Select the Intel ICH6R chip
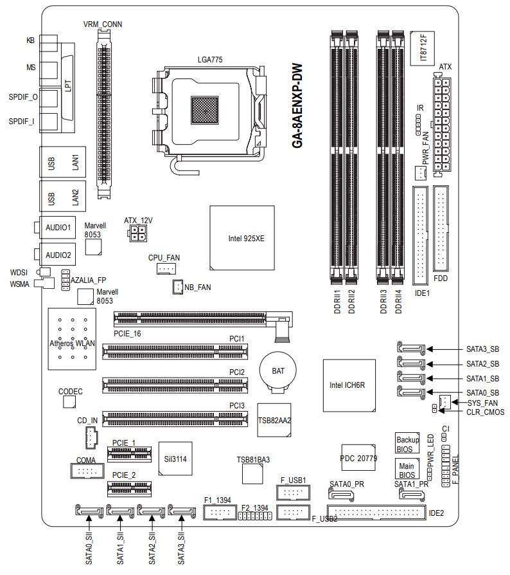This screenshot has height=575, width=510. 347,385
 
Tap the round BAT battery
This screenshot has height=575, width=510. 277,372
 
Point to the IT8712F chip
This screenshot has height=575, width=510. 423,48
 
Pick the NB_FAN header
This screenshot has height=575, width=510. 177,287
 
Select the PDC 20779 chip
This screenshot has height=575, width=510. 358,459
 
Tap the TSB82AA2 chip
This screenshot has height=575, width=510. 274,420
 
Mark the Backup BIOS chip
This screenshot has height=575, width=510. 407,444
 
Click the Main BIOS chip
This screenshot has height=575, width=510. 407,470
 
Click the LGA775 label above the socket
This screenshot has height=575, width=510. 210,60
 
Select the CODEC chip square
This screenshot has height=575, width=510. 71,401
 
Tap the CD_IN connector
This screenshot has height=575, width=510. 90,438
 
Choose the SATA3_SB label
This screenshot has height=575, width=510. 482,350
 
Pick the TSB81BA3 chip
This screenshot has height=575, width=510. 252,474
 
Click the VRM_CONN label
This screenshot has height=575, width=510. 103,24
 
